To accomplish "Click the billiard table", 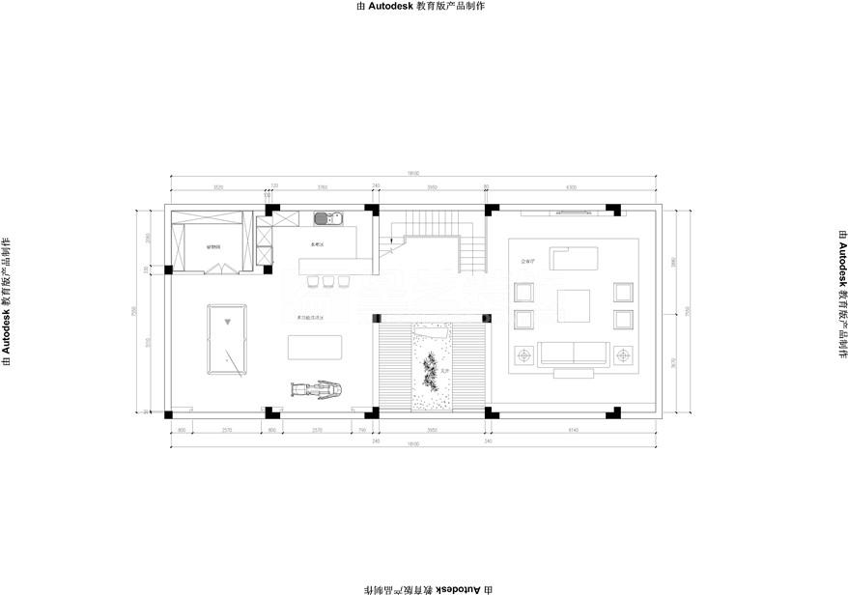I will [226, 340].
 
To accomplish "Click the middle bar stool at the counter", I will [327, 282].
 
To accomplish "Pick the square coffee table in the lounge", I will [574, 305].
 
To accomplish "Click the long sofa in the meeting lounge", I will [574, 354].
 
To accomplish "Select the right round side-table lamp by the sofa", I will [623, 356].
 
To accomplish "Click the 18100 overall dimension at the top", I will [412, 173].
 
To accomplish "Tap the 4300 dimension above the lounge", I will [571, 187].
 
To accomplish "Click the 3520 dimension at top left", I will [218, 187].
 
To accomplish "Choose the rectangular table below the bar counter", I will [315, 346].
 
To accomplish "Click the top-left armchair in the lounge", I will [525, 292].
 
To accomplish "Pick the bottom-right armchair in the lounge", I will [623, 319].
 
